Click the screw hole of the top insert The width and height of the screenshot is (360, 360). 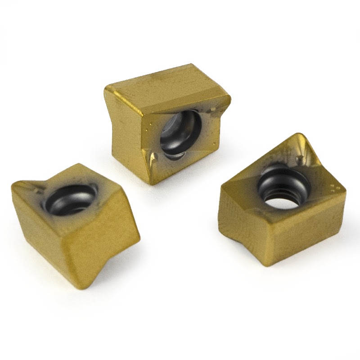[178, 133]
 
